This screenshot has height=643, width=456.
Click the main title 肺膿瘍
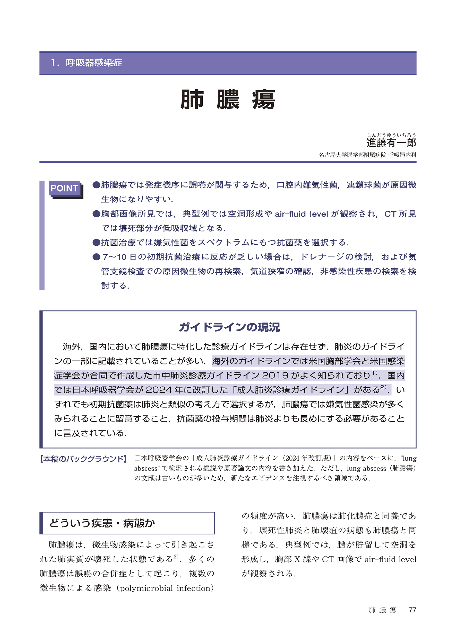228,100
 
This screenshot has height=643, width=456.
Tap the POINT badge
64,188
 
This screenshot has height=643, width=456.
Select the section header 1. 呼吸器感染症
87,62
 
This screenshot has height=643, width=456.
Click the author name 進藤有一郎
391,143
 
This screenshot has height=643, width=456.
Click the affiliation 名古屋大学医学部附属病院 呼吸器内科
367,155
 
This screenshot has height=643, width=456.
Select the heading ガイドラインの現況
229,327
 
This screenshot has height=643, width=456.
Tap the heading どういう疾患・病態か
102,523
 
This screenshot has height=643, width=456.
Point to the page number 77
412,610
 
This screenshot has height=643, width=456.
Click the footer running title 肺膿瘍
382,610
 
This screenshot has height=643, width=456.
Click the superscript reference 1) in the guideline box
375,373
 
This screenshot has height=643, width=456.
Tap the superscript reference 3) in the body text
176,556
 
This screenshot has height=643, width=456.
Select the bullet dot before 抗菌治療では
96,242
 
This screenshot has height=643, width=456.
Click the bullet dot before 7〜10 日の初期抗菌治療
96,257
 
